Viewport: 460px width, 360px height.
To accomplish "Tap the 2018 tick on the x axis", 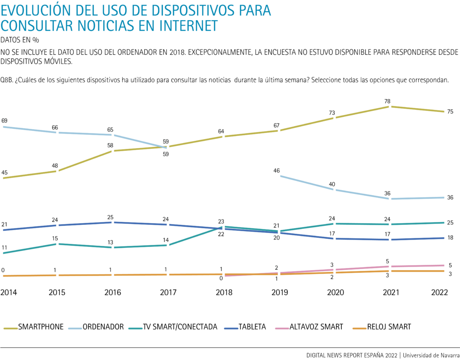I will pyautogui.click(x=224, y=292).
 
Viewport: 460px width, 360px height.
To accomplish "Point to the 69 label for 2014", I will pyautogui.click(x=4, y=121).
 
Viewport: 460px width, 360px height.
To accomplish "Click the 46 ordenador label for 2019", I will pyautogui.click(x=277, y=171).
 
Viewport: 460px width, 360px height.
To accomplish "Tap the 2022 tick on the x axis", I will pyautogui.click(x=439, y=292).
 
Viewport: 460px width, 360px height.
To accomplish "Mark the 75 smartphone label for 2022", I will pyautogui.click(x=450, y=112).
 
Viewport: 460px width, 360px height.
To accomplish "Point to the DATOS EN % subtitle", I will pyautogui.click(x=20, y=39).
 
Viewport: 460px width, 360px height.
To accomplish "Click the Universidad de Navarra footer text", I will pyautogui.click(x=431, y=355).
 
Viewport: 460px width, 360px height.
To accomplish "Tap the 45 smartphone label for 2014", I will pyautogui.click(x=4, y=173).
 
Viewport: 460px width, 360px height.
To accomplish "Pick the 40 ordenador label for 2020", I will pyautogui.click(x=332, y=184).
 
